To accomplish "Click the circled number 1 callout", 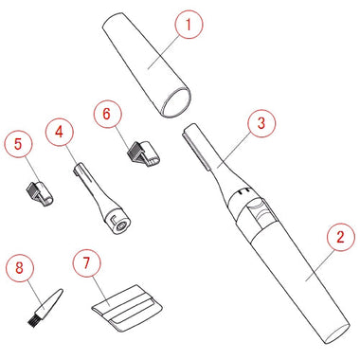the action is pyautogui.click(x=189, y=25).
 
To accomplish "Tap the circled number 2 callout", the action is pyautogui.click(x=340, y=237).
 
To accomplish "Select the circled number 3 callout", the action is pyautogui.click(x=261, y=123).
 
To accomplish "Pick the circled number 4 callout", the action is pyautogui.click(x=60, y=133).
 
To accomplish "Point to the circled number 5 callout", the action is pyautogui.click(x=19, y=144).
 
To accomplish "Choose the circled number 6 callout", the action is pyautogui.click(x=107, y=114).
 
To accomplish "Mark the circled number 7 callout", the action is pyautogui.click(x=87, y=263).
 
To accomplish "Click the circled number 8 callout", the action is pyautogui.click(x=20, y=268).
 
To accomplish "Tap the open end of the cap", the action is pyautogui.click(x=176, y=103).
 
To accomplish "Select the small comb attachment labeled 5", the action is pyautogui.click(x=39, y=192).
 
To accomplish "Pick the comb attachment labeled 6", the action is pyautogui.click(x=143, y=153).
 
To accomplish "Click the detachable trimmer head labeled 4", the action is pyautogui.click(x=101, y=198).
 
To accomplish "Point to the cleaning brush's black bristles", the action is pyautogui.click(x=32, y=320).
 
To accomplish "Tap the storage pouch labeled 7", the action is pyautogui.click(x=128, y=308).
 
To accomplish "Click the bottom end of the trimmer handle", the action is pyautogui.click(x=337, y=334).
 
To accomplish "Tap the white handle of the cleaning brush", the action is pyautogui.click(x=49, y=301).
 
